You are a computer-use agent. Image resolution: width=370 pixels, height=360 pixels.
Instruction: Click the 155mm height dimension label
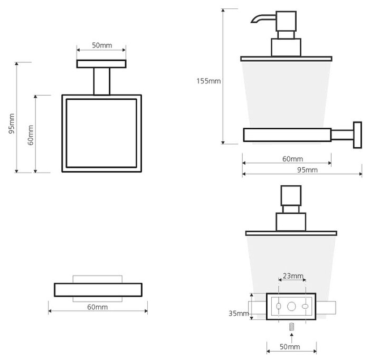(x=208, y=81)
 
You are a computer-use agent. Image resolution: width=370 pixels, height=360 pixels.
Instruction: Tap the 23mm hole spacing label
(x=293, y=276)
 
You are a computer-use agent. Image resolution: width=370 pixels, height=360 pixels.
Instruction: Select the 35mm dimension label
(x=239, y=314)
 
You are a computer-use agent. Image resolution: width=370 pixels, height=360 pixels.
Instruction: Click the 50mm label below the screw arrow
(x=290, y=347)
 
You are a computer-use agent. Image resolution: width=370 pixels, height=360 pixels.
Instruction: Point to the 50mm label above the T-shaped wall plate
(x=102, y=45)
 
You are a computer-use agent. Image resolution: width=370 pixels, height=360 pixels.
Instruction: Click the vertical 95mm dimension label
(x=12, y=124)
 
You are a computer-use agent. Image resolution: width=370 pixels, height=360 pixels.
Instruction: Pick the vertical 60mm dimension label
(x=31, y=135)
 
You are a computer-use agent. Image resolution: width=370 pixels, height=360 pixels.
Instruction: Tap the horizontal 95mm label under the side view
(x=307, y=169)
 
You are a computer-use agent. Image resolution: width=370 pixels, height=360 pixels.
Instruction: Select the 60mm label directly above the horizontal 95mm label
(x=292, y=159)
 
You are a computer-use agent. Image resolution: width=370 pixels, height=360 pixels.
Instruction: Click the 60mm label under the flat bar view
(x=98, y=307)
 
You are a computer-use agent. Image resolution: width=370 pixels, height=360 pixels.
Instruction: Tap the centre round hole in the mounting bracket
(x=291, y=306)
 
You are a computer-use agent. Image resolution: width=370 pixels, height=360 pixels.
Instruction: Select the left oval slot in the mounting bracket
(x=279, y=306)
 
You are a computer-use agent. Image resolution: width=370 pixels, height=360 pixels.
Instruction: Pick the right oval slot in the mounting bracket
(x=305, y=307)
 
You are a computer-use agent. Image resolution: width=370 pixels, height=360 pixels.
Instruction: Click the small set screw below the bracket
(x=292, y=327)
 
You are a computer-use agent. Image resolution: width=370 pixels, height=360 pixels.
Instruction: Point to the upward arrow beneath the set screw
(x=292, y=338)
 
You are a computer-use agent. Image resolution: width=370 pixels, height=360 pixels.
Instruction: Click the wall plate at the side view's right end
(x=357, y=135)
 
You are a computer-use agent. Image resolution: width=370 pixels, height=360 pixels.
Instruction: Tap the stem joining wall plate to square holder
(x=102, y=81)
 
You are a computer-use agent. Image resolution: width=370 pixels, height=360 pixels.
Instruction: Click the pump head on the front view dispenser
(x=291, y=195)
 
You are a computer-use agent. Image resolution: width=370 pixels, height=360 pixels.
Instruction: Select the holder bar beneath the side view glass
(x=287, y=135)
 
